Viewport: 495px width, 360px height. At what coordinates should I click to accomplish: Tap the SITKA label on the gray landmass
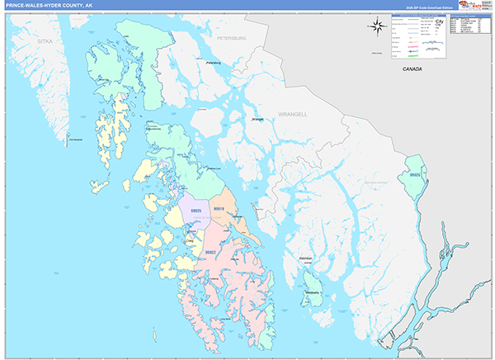(x=44, y=40)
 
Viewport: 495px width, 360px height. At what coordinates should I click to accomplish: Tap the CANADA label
(x=412, y=69)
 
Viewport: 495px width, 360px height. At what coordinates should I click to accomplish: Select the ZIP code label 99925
(x=196, y=211)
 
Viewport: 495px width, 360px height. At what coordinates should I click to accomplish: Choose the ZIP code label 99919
(x=219, y=210)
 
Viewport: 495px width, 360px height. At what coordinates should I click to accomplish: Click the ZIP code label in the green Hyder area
(x=414, y=175)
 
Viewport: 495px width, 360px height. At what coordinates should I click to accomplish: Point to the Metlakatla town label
(x=312, y=293)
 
